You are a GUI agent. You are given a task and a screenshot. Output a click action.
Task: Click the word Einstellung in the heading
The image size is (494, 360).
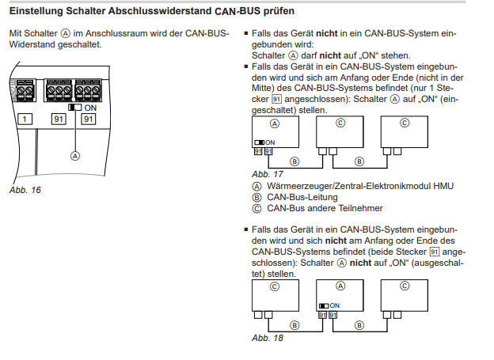pos(36,13)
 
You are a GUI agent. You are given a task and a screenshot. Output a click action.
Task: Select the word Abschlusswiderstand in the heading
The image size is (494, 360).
pos(152,13)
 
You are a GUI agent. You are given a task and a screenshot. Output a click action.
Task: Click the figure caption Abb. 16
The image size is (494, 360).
pos(25,191)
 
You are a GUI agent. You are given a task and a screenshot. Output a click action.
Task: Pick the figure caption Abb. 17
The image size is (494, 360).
pos(267,172)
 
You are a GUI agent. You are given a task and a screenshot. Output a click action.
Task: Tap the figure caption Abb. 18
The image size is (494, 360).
pos(267,338)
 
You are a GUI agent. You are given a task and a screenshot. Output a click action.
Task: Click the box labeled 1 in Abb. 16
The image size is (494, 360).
pos(25,119)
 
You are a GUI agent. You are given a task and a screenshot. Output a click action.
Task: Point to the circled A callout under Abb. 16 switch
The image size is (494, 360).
pos(76,156)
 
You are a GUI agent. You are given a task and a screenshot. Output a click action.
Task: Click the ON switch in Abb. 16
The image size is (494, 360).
pos(75,107)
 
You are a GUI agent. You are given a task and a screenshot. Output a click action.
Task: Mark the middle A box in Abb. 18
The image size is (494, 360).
pos(340,298)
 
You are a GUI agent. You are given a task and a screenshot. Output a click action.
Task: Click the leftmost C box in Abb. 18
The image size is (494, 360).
pos(275,298)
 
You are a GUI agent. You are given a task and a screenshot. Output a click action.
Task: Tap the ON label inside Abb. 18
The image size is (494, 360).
pos(334,305)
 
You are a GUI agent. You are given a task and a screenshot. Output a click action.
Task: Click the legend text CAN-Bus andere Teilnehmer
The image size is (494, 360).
pos(325,208)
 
